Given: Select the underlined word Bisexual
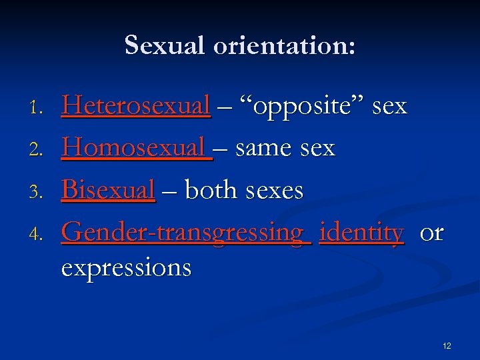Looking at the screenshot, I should [108, 190].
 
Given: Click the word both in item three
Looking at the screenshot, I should [212, 190].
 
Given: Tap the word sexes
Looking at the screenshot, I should [274, 191].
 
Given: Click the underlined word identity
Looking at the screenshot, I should [361, 233].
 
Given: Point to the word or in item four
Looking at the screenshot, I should [431, 233].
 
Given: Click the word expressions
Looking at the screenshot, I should [126, 268].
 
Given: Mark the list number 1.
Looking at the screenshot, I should [38, 107].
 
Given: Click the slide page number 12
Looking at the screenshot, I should [446, 345].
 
